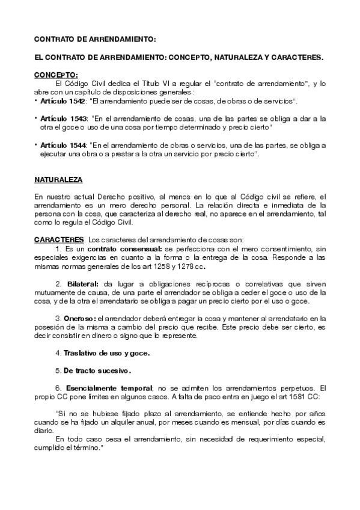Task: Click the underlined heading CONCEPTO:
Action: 56,75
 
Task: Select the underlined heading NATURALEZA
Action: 58,180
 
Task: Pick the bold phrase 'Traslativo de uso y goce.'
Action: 106,352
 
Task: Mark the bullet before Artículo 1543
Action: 37,118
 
